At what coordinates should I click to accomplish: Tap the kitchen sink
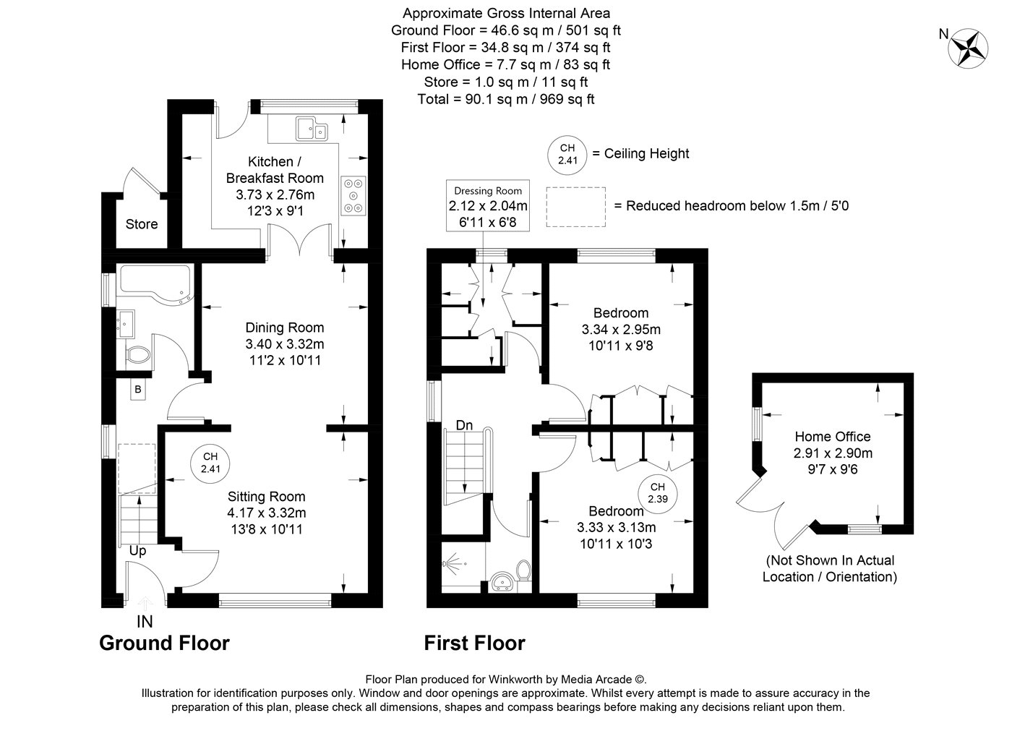[x=312, y=129]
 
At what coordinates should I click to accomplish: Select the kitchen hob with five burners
[x=353, y=196]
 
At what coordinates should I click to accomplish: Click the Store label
[x=142, y=224]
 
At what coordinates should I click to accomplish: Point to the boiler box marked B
[x=138, y=390]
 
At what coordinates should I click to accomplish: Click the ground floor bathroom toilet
[x=137, y=355]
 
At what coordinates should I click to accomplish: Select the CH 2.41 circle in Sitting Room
[x=210, y=463]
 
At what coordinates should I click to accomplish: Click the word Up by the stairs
[x=137, y=551]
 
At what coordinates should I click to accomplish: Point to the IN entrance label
[x=145, y=622]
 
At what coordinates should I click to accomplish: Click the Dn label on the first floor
[x=464, y=425]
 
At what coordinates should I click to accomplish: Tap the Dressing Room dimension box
[x=488, y=205]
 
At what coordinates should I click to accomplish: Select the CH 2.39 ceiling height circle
[x=657, y=492]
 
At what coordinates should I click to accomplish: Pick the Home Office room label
[x=833, y=437]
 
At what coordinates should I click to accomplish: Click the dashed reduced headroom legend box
[x=575, y=207]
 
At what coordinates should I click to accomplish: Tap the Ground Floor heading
[x=165, y=643]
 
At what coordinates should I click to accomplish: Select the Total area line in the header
[x=505, y=99]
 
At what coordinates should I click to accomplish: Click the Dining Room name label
[x=285, y=328]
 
